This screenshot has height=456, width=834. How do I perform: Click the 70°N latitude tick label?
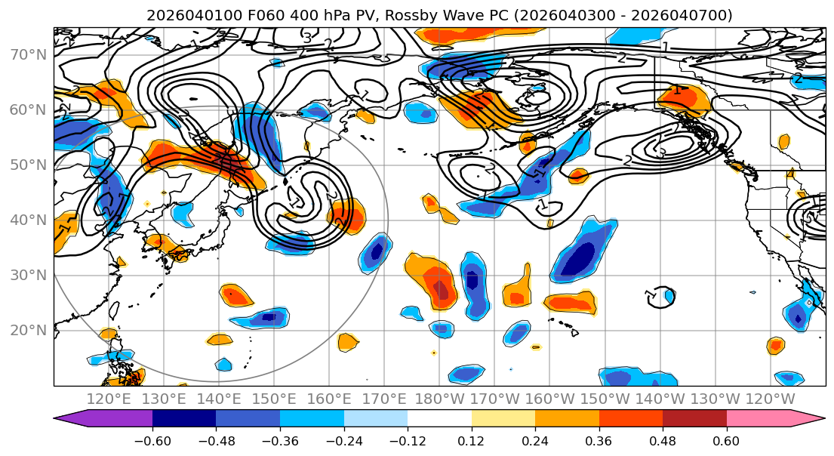click(x=27, y=54)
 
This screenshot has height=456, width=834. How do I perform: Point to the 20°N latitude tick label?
click(x=27, y=330)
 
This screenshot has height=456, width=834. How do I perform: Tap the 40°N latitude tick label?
click(x=27, y=220)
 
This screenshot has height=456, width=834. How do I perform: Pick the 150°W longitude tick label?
click(x=605, y=399)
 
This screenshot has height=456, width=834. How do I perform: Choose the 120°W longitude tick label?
click(x=771, y=399)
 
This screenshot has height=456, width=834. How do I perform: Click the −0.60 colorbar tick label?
click(x=152, y=441)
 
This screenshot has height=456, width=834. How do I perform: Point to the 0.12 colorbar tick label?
click(x=472, y=441)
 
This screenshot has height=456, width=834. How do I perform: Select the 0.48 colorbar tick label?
click(x=663, y=441)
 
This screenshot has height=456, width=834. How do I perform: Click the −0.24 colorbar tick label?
click(x=344, y=441)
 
